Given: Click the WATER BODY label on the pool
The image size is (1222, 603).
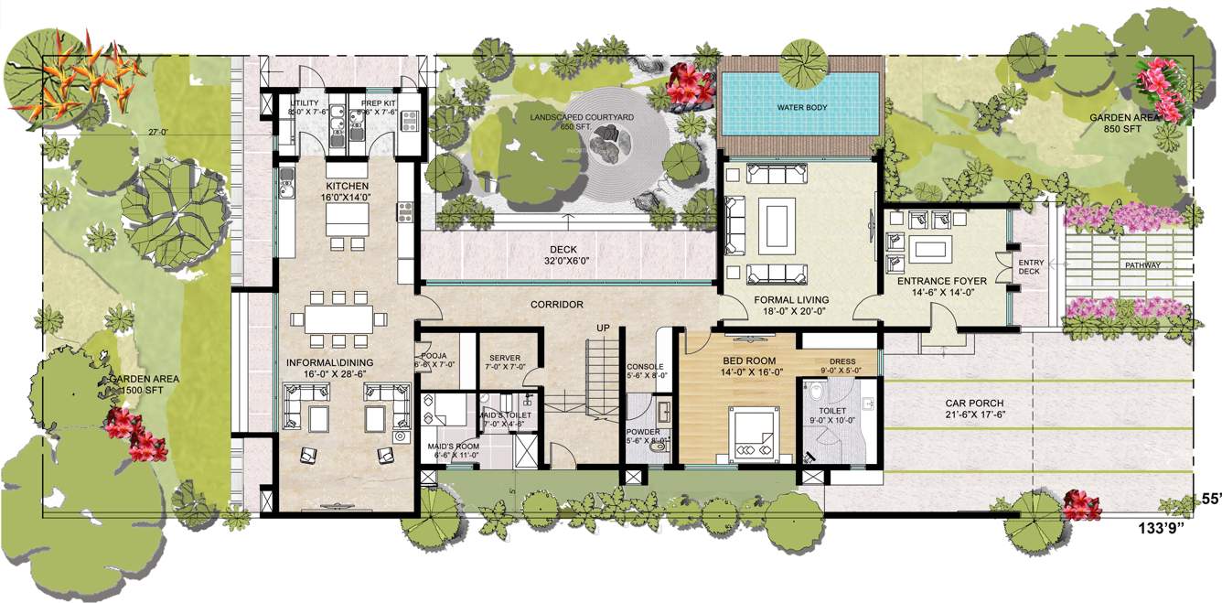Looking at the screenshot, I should coord(802,107).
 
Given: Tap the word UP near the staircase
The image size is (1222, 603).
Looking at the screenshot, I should coord(603,327).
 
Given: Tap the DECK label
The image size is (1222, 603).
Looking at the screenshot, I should coord(563,249).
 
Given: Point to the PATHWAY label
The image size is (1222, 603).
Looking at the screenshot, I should coord(1143,265).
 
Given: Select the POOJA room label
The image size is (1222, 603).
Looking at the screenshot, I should coord(434,357).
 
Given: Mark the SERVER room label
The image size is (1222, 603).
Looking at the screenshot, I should coord(505,358).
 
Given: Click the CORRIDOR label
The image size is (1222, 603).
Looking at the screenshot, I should coord(556,305).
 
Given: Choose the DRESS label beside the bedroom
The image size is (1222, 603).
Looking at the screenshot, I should coord(841,361).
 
